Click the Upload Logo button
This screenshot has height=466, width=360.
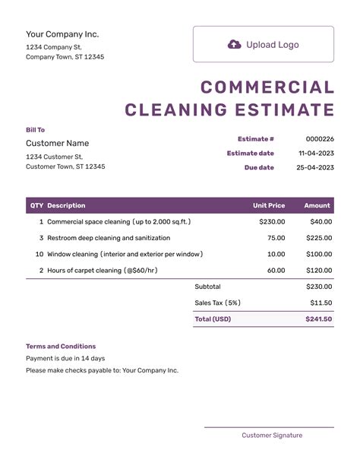click(x=263, y=44)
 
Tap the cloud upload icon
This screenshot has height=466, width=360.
click(x=235, y=45)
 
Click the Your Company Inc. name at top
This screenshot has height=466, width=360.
click(x=62, y=34)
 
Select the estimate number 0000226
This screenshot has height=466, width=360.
click(x=320, y=139)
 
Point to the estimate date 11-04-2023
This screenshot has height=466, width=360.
click(x=316, y=154)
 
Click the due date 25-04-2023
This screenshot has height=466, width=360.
click(x=316, y=167)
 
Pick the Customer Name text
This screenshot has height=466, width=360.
click(x=57, y=143)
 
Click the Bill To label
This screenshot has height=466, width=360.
click(x=36, y=130)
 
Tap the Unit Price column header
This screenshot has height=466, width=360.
click(x=269, y=205)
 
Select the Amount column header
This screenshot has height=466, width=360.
click(x=317, y=205)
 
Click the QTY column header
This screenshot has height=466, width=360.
click(x=36, y=205)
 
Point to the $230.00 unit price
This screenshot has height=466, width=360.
click(x=272, y=222)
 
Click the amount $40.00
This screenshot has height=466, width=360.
click(x=321, y=222)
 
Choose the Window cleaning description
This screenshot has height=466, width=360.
click(x=125, y=254)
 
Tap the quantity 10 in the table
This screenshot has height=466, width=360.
click(x=39, y=254)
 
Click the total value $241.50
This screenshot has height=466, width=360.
click(x=319, y=319)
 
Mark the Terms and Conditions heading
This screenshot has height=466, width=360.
click(x=61, y=346)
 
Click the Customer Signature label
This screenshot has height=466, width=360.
click(x=272, y=436)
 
